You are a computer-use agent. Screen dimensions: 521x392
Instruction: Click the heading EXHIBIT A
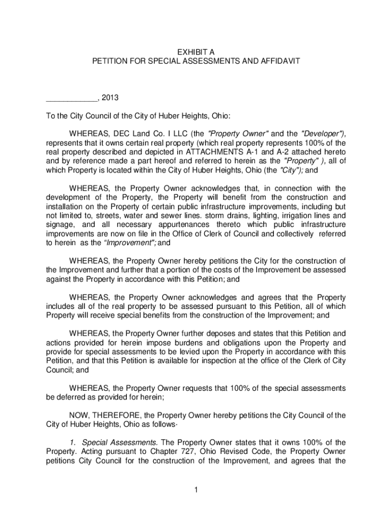[x=195, y=51]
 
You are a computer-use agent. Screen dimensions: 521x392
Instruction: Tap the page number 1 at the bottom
[x=196, y=490]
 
